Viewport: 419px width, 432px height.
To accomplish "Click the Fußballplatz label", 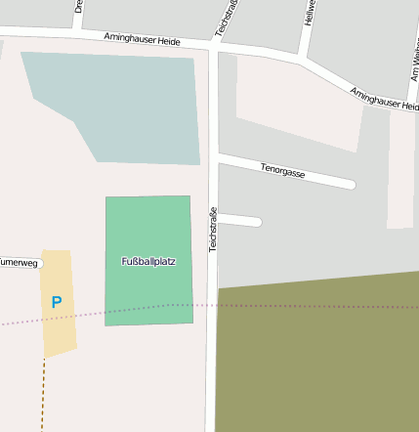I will (147, 262).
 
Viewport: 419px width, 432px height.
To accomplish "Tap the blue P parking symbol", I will (57, 303).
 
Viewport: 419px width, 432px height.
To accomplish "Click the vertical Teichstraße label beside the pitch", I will (213, 230).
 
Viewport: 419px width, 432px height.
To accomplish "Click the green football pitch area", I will (147, 293).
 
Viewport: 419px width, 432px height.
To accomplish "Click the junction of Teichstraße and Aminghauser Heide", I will (214, 45).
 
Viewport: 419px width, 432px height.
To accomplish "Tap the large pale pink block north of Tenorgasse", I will (298, 103).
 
